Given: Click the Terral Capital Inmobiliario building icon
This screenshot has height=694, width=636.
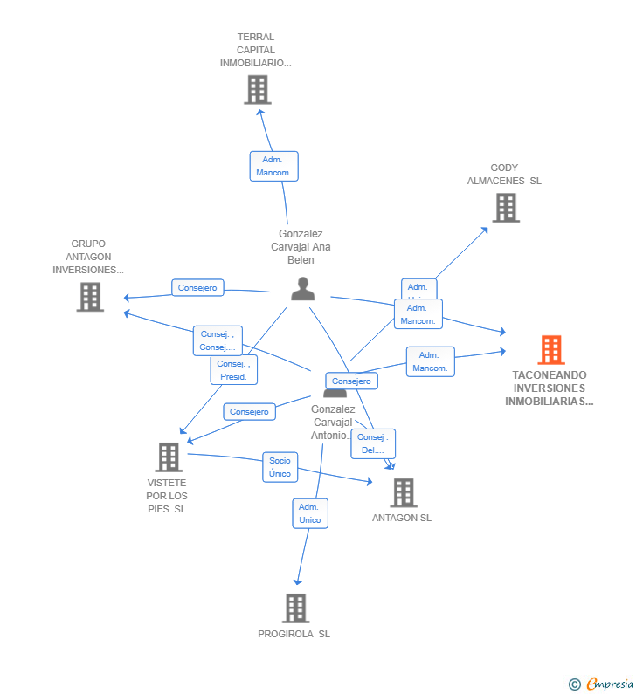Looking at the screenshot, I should (x=257, y=90).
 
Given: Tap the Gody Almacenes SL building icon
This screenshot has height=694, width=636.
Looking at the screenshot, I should (x=506, y=208).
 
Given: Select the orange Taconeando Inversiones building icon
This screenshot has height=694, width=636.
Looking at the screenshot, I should (x=550, y=350).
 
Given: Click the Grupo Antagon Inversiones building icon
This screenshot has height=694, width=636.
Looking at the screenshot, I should (x=90, y=297).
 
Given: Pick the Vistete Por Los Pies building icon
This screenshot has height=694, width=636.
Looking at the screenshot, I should (x=168, y=457).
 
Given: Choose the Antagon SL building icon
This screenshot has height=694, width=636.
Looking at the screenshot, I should (x=403, y=492).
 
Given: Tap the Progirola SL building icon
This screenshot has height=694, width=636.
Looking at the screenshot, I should (x=295, y=608).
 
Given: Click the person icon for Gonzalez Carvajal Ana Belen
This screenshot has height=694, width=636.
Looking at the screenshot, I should (x=302, y=289).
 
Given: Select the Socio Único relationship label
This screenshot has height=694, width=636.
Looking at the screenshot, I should (x=280, y=467).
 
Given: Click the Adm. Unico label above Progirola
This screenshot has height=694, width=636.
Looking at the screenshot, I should (x=309, y=513).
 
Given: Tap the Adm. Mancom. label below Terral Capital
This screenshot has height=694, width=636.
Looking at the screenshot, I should (x=273, y=166).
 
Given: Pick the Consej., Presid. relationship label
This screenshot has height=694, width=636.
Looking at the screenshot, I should (x=233, y=370).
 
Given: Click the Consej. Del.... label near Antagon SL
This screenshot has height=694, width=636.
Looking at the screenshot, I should (x=373, y=443).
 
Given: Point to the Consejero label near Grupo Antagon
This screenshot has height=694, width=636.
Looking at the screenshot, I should (x=197, y=287).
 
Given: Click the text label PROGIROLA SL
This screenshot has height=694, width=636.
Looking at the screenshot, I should (x=294, y=634).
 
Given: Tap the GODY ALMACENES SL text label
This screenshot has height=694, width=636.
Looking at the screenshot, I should (x=504, y=175).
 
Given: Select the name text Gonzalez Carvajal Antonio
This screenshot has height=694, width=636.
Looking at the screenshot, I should (x=333, y=422).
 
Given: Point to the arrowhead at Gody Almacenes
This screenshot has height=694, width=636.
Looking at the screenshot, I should (x=486, y=230).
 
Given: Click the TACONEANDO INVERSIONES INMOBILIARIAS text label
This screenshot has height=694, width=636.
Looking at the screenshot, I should (x=550, y=388).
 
